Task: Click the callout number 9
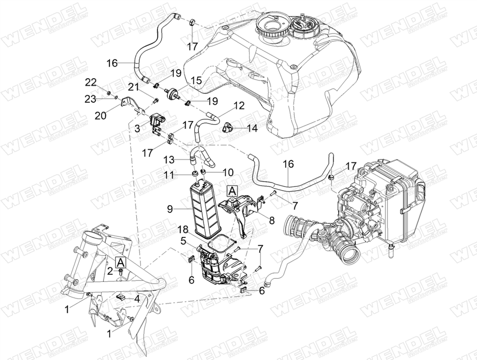[170, 209]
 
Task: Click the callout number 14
[252, 129]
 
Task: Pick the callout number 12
[239, 106]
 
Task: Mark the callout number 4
[137, 299]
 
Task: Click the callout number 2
[110, 271]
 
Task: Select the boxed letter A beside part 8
[232, 191]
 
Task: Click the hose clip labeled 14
[227, 128]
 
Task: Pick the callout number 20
[101, 115]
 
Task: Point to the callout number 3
[138, 129]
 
